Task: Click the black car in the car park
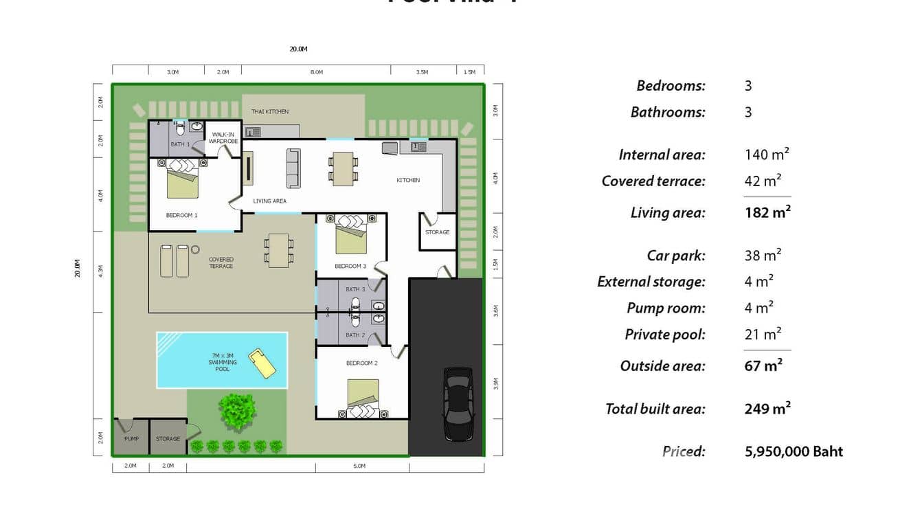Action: click(458, 404)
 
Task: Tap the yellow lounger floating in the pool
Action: click(262, 363)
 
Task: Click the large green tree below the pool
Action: click(238, 411)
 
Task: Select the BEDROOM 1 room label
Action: click(181, 215)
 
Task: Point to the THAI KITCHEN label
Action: click(270, 111)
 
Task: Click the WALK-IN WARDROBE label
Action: click(223, 137)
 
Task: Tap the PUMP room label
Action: click(131, 438)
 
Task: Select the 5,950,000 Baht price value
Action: click(794, 451)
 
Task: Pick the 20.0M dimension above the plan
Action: click(298, 49)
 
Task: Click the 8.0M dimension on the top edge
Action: click(316, 71)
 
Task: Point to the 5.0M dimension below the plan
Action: click(359, 466)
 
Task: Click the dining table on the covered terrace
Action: click(279, 250)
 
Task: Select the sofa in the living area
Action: click(293, 168)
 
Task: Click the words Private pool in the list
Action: click(665, 335)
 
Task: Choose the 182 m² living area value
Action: click(767, 212)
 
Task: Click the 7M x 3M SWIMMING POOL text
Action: click(223, 362)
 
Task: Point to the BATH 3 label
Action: click(355, 289)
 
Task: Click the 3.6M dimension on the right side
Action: click(495, 311)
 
